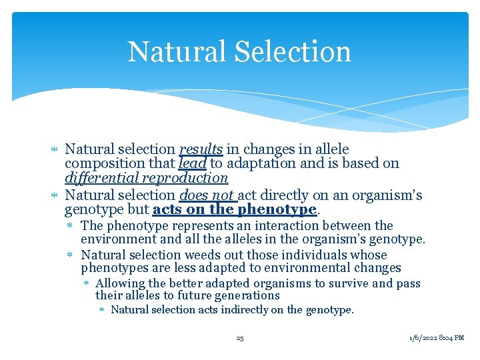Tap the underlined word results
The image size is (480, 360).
pyautogui.click(x=201, y=149)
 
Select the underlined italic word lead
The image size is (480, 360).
pyautogui.click(x=193, y=164)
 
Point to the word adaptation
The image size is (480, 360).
pyautogui.click(x=257, y=164)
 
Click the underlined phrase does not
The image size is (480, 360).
pyautogui.click(x=207, y=195)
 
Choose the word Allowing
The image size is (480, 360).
pyautogui.click(x=120, y=283)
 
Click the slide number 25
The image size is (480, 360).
pyautogui.click(x=240, y=338)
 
